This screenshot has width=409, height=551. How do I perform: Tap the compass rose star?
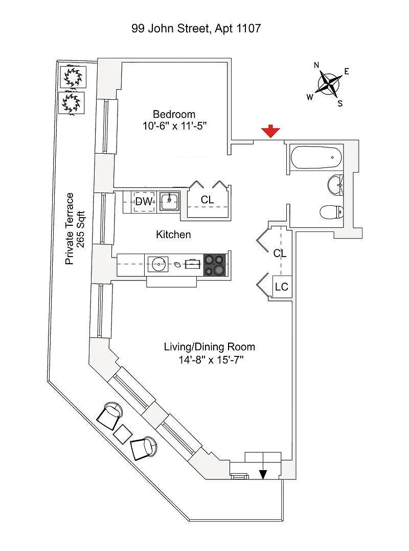click(x=329, y=83)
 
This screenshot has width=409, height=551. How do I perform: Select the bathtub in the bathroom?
click(x=315, y=157)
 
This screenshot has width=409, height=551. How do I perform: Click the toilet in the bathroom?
click(x=331, y=212)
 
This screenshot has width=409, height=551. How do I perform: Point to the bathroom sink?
click(x=335, y=184)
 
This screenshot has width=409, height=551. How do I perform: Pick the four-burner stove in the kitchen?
click(x=215, y=265)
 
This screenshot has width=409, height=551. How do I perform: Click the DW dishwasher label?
click(x=144, y=201)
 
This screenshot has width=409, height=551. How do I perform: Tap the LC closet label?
click(x=282, y=287)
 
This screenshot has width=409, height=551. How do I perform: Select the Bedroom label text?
click(x=174, y=114)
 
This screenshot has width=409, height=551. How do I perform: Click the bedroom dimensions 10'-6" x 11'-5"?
click(x=174, y=126)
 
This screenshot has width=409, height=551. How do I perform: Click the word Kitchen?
click(x=173, y=235)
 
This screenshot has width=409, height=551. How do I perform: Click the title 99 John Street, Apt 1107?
click(x=196, y=28)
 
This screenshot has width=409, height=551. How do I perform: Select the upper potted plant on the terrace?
click(x=73, y=77)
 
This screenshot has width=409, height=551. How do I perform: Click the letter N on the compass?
click(x=316, y=65)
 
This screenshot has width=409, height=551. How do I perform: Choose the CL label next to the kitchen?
click(x=207, y=200)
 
